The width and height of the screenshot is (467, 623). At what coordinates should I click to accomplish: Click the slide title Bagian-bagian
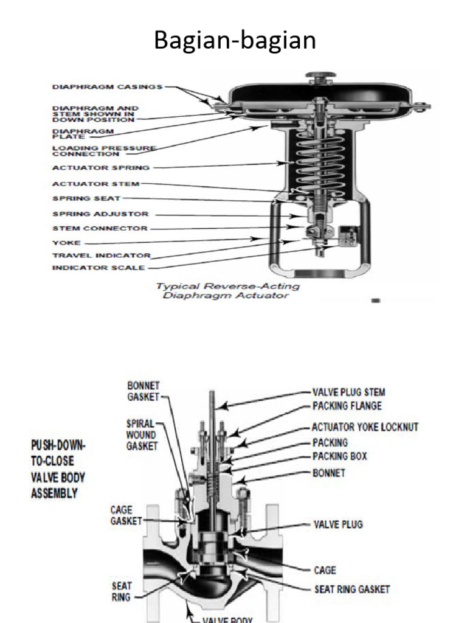[234, 41]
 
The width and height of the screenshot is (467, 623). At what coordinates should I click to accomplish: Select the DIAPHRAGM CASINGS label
[108, 87]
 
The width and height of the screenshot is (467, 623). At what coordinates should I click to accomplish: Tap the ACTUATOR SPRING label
[101, 167]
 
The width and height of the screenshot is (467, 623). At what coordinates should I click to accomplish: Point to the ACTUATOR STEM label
[96, 183]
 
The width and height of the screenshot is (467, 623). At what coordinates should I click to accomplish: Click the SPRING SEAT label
[87, 198]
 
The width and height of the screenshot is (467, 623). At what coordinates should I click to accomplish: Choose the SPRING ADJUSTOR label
[100, 214]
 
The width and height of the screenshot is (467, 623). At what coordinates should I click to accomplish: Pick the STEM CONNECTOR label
[100, 229]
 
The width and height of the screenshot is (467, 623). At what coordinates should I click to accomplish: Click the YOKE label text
[66, 242]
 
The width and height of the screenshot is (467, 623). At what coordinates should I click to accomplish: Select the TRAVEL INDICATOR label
[102, 256]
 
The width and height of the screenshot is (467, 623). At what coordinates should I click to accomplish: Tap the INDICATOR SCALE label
[99, 268]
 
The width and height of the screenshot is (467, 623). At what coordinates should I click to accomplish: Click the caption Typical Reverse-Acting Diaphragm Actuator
[227, 291]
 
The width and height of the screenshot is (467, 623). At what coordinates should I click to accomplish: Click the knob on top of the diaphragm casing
[320, 76]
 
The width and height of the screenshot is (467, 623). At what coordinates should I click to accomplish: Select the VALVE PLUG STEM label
[348, 392]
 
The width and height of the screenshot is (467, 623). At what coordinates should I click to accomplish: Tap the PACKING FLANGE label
[347, 406]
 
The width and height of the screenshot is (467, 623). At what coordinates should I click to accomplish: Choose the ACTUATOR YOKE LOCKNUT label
[365, 427]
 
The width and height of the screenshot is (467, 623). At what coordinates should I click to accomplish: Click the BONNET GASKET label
[143, 391]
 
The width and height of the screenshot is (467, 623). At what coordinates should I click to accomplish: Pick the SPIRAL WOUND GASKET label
[141, 435]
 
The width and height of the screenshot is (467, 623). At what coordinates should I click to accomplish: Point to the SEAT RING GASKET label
[351, 589]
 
